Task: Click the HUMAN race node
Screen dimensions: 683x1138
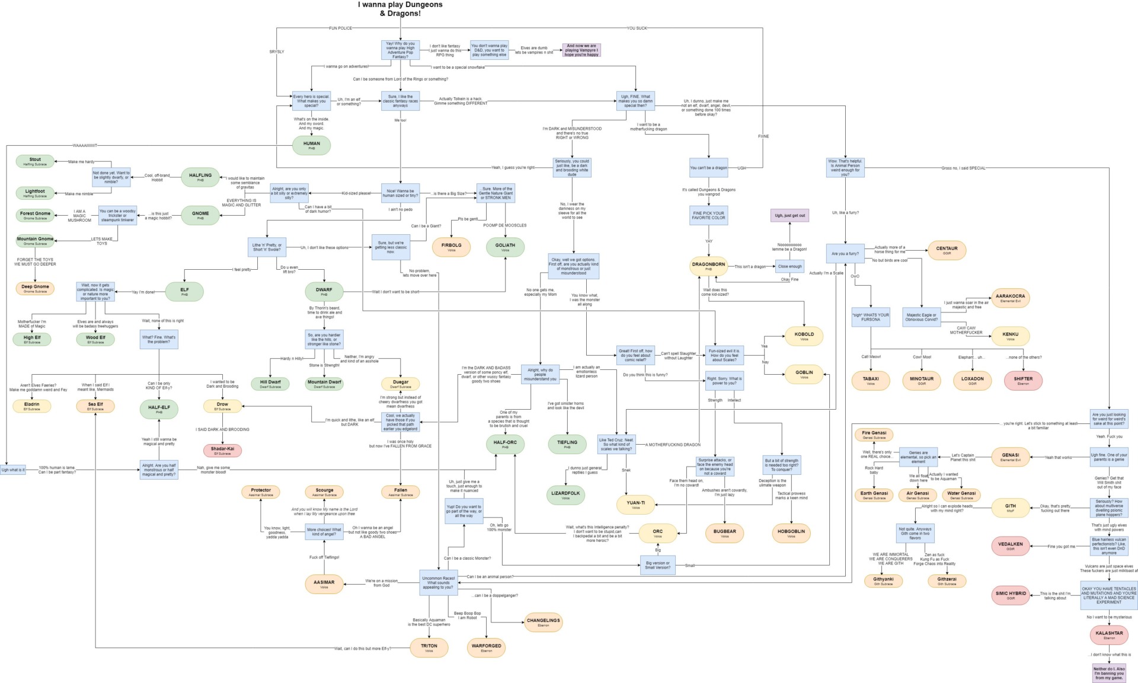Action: (311, 145)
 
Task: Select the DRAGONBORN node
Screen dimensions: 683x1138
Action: (708, 266)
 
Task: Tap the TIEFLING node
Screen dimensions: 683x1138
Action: (567, 444)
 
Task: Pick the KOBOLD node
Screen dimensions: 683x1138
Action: (804, 336)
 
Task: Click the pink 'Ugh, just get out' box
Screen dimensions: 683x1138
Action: (789, 215)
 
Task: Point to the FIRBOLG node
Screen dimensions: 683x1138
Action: (451, 247)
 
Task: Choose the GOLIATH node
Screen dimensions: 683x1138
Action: (505, 247)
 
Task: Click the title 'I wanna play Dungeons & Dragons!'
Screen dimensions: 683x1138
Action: (400, 9)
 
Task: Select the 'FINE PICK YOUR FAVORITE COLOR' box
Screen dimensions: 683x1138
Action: (709, 215)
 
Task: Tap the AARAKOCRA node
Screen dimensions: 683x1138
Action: (1010, 298)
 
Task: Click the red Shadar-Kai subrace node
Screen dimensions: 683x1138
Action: (222, 451)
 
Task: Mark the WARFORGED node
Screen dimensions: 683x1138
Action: (486, 647)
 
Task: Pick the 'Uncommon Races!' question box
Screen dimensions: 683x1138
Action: (439, 582)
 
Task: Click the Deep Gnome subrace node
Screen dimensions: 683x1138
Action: (35, 288)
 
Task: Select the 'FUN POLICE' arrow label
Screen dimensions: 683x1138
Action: (340, 28)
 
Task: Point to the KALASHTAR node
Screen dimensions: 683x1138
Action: (1109, 635)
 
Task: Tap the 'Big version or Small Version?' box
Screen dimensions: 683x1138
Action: (657, 565)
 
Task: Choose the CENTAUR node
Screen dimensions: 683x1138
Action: (947, 250)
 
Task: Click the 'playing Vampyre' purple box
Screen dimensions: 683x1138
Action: (581, 50)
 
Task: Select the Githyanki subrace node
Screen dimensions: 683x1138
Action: (883, 581)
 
